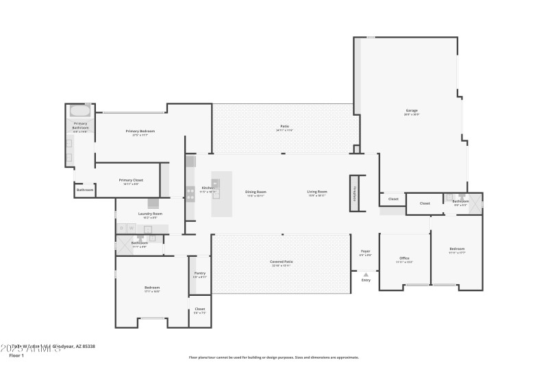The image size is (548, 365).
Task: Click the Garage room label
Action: [412, 110]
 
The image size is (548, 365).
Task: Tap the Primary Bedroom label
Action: [140, 131]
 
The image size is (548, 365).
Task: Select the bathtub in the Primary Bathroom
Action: [80, 111]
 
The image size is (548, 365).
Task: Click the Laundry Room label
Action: [150, 214]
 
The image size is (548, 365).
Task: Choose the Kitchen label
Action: [208, 188]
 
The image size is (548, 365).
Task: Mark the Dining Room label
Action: [256, 192]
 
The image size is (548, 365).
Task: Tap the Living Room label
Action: [316, 192]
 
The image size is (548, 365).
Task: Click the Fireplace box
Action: [354, 192]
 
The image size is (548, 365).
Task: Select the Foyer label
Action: [366, 251]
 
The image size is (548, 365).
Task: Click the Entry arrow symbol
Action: [366, 275]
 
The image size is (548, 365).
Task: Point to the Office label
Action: [404, 258]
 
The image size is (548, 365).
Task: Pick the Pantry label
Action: [199, 273]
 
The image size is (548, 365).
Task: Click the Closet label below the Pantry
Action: [199, 309]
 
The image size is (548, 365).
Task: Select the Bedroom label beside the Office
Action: [457, 248]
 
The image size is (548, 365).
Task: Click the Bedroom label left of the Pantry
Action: [151, 287]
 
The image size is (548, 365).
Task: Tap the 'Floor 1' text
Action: [17, 355]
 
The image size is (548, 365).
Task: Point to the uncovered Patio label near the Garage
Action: [284, 127]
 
